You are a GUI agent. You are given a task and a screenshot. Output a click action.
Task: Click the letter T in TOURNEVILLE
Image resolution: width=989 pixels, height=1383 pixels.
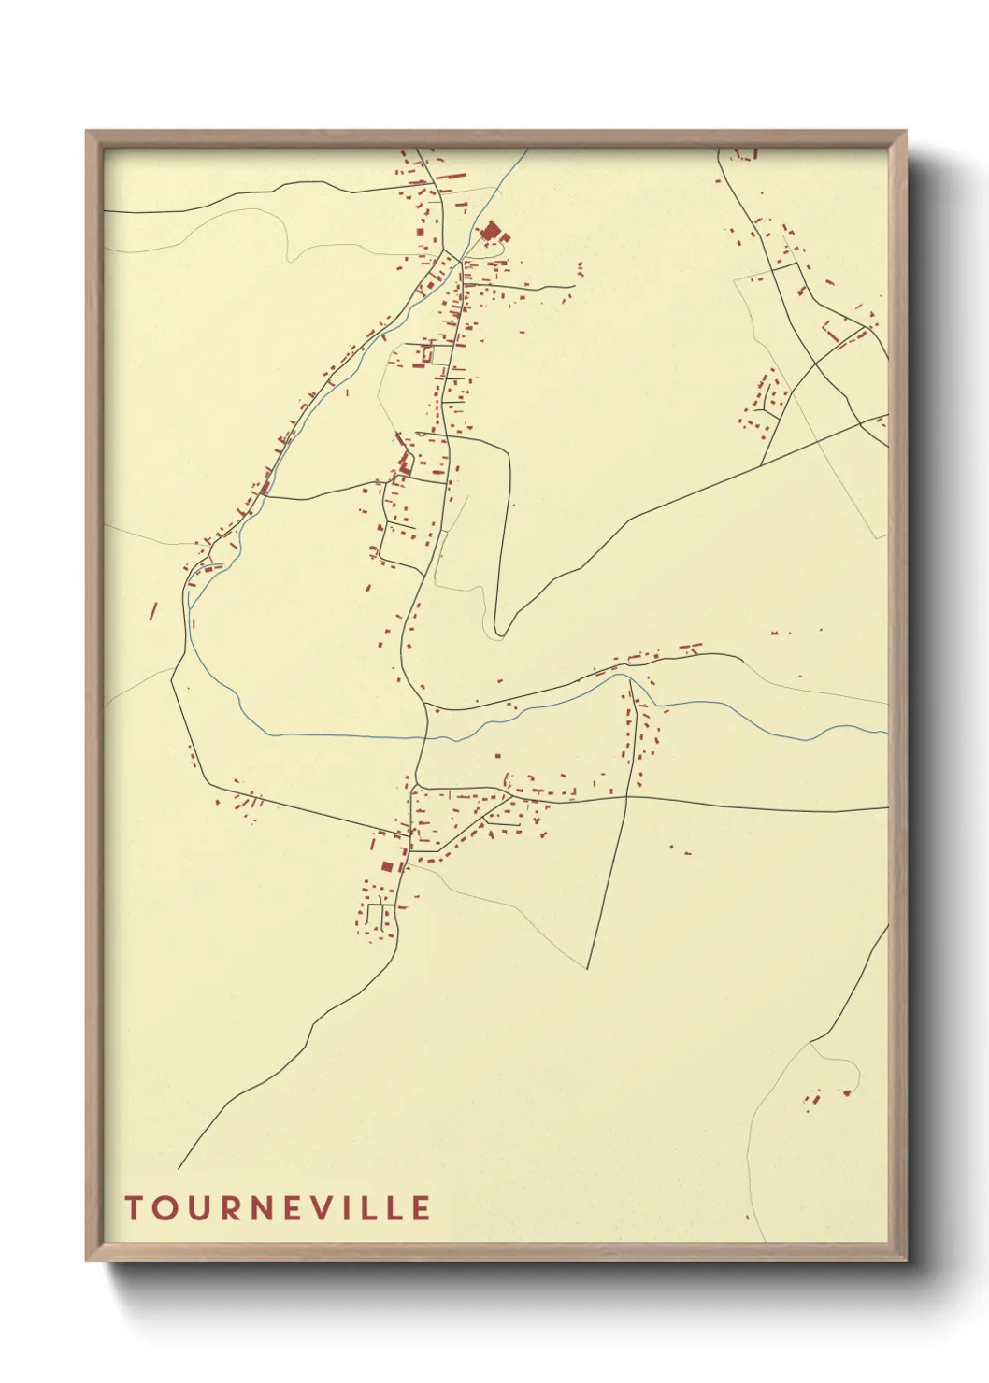click(x=133, y=1207)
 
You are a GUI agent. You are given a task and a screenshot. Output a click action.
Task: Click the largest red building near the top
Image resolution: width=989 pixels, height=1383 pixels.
click(x=489, y=230)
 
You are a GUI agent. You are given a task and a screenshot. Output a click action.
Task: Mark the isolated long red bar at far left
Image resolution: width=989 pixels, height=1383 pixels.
click(x=153, y=610)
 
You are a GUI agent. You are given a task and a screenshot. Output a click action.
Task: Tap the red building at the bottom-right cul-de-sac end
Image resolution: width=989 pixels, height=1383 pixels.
click(x=847, y=1091)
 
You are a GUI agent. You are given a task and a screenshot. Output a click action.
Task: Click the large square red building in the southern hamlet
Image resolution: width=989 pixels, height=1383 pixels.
click(x=387, y=867)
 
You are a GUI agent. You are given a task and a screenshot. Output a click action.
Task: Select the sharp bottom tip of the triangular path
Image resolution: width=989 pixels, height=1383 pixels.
click(x=587, y=968)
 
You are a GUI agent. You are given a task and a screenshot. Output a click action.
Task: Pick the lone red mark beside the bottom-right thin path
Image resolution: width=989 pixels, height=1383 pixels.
click(x=747, y=1218)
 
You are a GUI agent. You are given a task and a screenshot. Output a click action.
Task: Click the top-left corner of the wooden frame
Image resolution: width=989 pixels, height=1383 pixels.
click(x=87, y=132)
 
